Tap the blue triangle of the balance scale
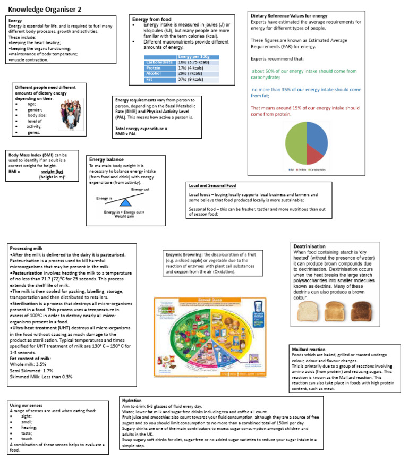coord(124,202)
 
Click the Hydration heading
coord(131,399)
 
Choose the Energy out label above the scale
coord(140,190)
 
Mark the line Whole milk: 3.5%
coord(29,365)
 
